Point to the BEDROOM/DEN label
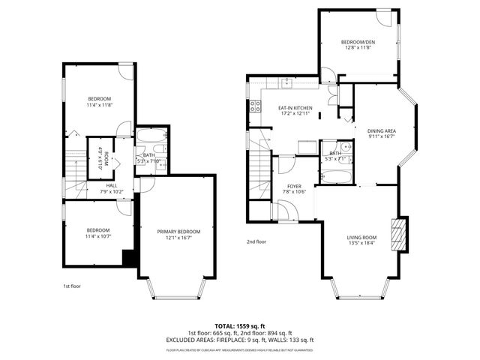click(x=358, y=43)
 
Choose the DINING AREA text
click(x=381, y=130)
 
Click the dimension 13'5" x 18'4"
click(x=361, y=243)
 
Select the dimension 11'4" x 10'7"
click(x=99, y=236)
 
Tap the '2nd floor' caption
click(x=256, y=241)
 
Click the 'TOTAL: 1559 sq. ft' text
click(x=240, y=325)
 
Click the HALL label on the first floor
click(x=111, y=185)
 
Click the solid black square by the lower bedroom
click(x=128, y=257)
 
